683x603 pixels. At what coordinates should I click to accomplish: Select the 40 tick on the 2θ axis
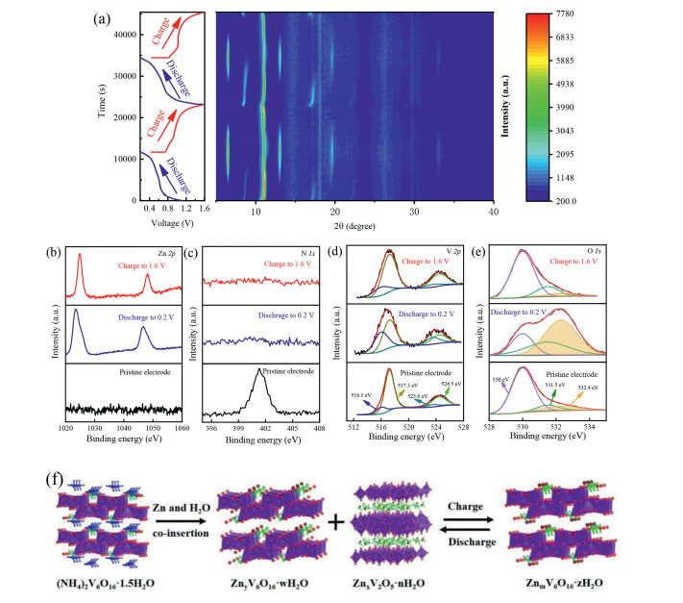pyautogui.click(x=492, y=212)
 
